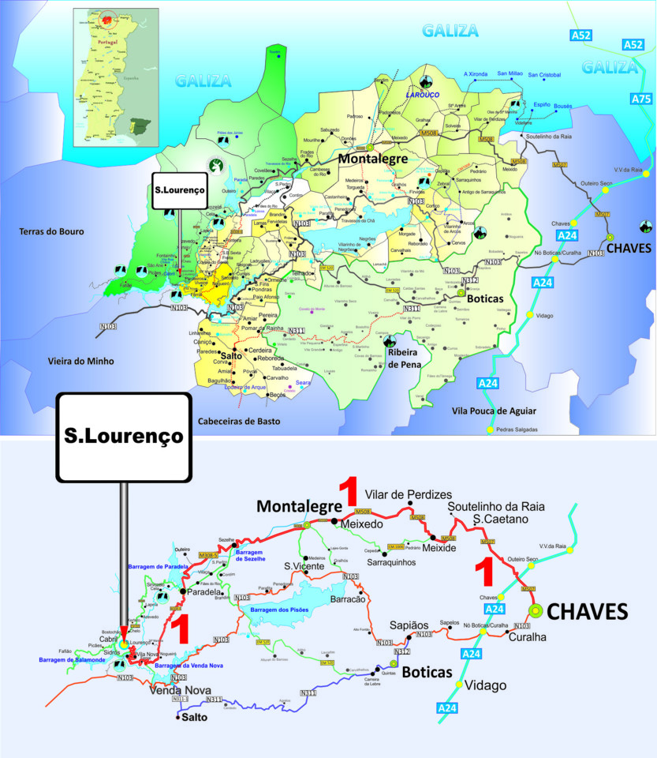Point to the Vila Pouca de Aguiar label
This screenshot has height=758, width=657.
tap(495, 411)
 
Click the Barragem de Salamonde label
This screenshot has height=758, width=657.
tap(69, 659)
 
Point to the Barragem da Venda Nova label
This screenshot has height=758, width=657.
tap(190, 666)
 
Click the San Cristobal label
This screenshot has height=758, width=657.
tap(544, 75)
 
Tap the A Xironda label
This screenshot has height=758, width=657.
tap(476, 73)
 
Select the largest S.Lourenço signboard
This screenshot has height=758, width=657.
tap(123, 436)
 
